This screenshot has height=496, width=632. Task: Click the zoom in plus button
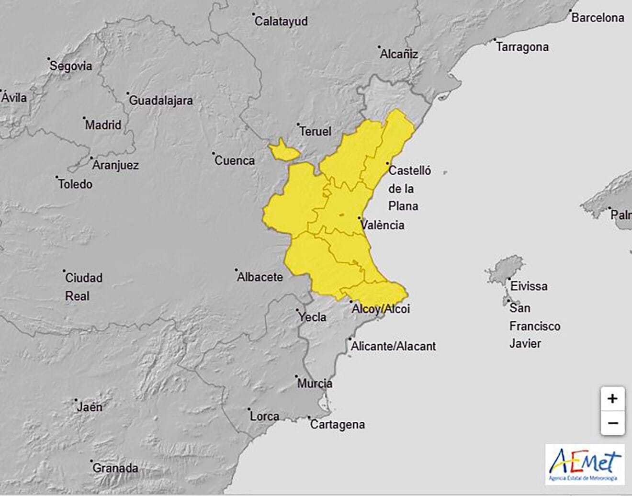[612, 398]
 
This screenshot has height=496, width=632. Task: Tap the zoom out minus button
[612, 423]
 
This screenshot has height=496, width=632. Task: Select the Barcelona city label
[598, 18]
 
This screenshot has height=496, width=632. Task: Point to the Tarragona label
[522, 47]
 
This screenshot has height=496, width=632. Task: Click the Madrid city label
[103, 125]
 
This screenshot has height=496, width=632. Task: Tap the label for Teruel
[315, 131]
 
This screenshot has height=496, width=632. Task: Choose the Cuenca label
[234, 160]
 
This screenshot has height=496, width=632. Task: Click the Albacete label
[260, 277]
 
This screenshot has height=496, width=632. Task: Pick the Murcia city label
[315, 383]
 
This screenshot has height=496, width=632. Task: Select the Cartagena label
[338, 424]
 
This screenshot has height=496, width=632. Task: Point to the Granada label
[115, 468]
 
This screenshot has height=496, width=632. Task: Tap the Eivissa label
[529, 286]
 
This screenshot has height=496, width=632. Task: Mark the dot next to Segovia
[49, 59]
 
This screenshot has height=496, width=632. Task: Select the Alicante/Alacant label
[393, 346]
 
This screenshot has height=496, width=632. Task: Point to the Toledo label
[75, 184]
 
